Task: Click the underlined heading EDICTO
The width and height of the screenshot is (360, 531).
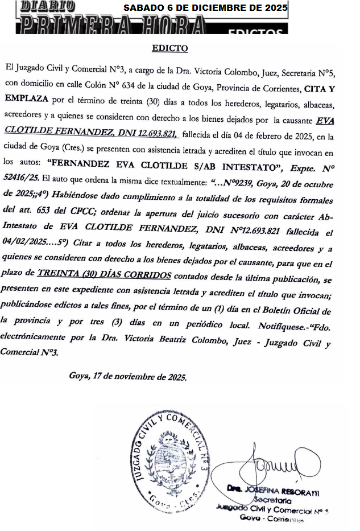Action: [x=169, y=48]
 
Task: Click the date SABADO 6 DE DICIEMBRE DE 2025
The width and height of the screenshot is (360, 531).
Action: [x=205, y=8]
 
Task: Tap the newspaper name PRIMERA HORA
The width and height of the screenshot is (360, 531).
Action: [x=111, y=26]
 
